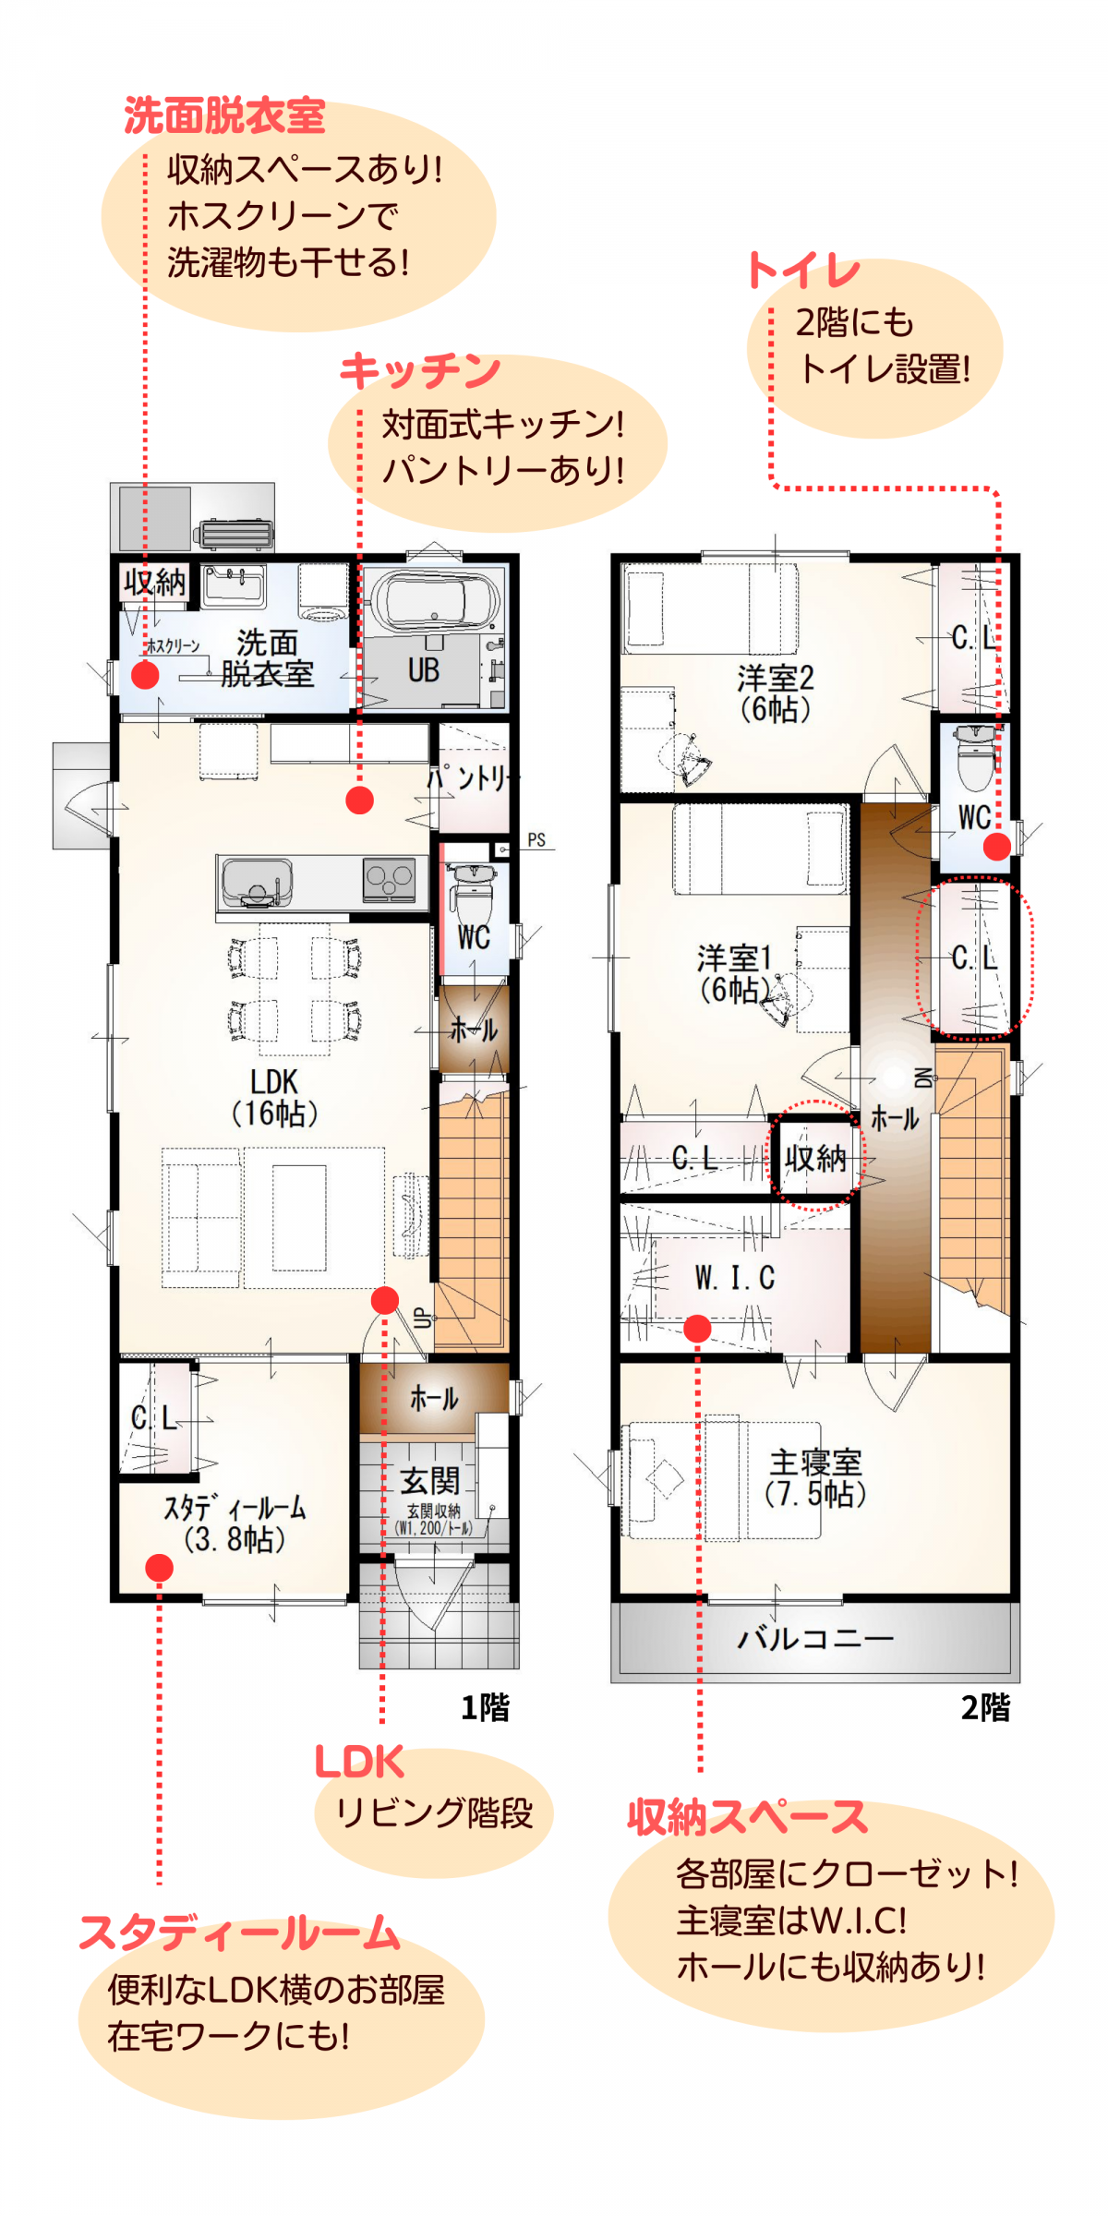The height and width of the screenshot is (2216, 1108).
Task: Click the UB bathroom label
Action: pos(424,670)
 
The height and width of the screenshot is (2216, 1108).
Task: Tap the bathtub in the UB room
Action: pos(431,601)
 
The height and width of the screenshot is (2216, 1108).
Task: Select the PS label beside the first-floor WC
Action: pos(536,839)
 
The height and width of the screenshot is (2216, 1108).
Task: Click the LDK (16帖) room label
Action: pos(274,1097)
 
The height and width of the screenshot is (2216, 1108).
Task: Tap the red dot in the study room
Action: pos(159,1567)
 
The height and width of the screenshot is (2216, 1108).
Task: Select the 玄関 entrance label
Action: pos(429,1480)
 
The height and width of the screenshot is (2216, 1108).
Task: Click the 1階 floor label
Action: pos(485,1707)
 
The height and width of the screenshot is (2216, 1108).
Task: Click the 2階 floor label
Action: pos(985,1707)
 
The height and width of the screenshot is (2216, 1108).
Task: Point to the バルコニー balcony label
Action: pos(815,1638)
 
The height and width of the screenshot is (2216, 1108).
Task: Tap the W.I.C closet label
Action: pos(735,1278)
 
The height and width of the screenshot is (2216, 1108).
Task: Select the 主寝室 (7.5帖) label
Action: pos(815,1478)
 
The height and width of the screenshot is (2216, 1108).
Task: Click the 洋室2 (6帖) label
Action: pos(776,693)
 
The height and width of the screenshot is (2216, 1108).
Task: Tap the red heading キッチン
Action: pos(420,371)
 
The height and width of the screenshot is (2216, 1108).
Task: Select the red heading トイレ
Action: pos(803,271)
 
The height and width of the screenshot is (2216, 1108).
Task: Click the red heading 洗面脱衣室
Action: pos(224,116)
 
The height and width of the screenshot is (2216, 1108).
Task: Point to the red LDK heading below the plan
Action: pos(359,1762)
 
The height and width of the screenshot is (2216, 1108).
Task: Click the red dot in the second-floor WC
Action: pos(997,846)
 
